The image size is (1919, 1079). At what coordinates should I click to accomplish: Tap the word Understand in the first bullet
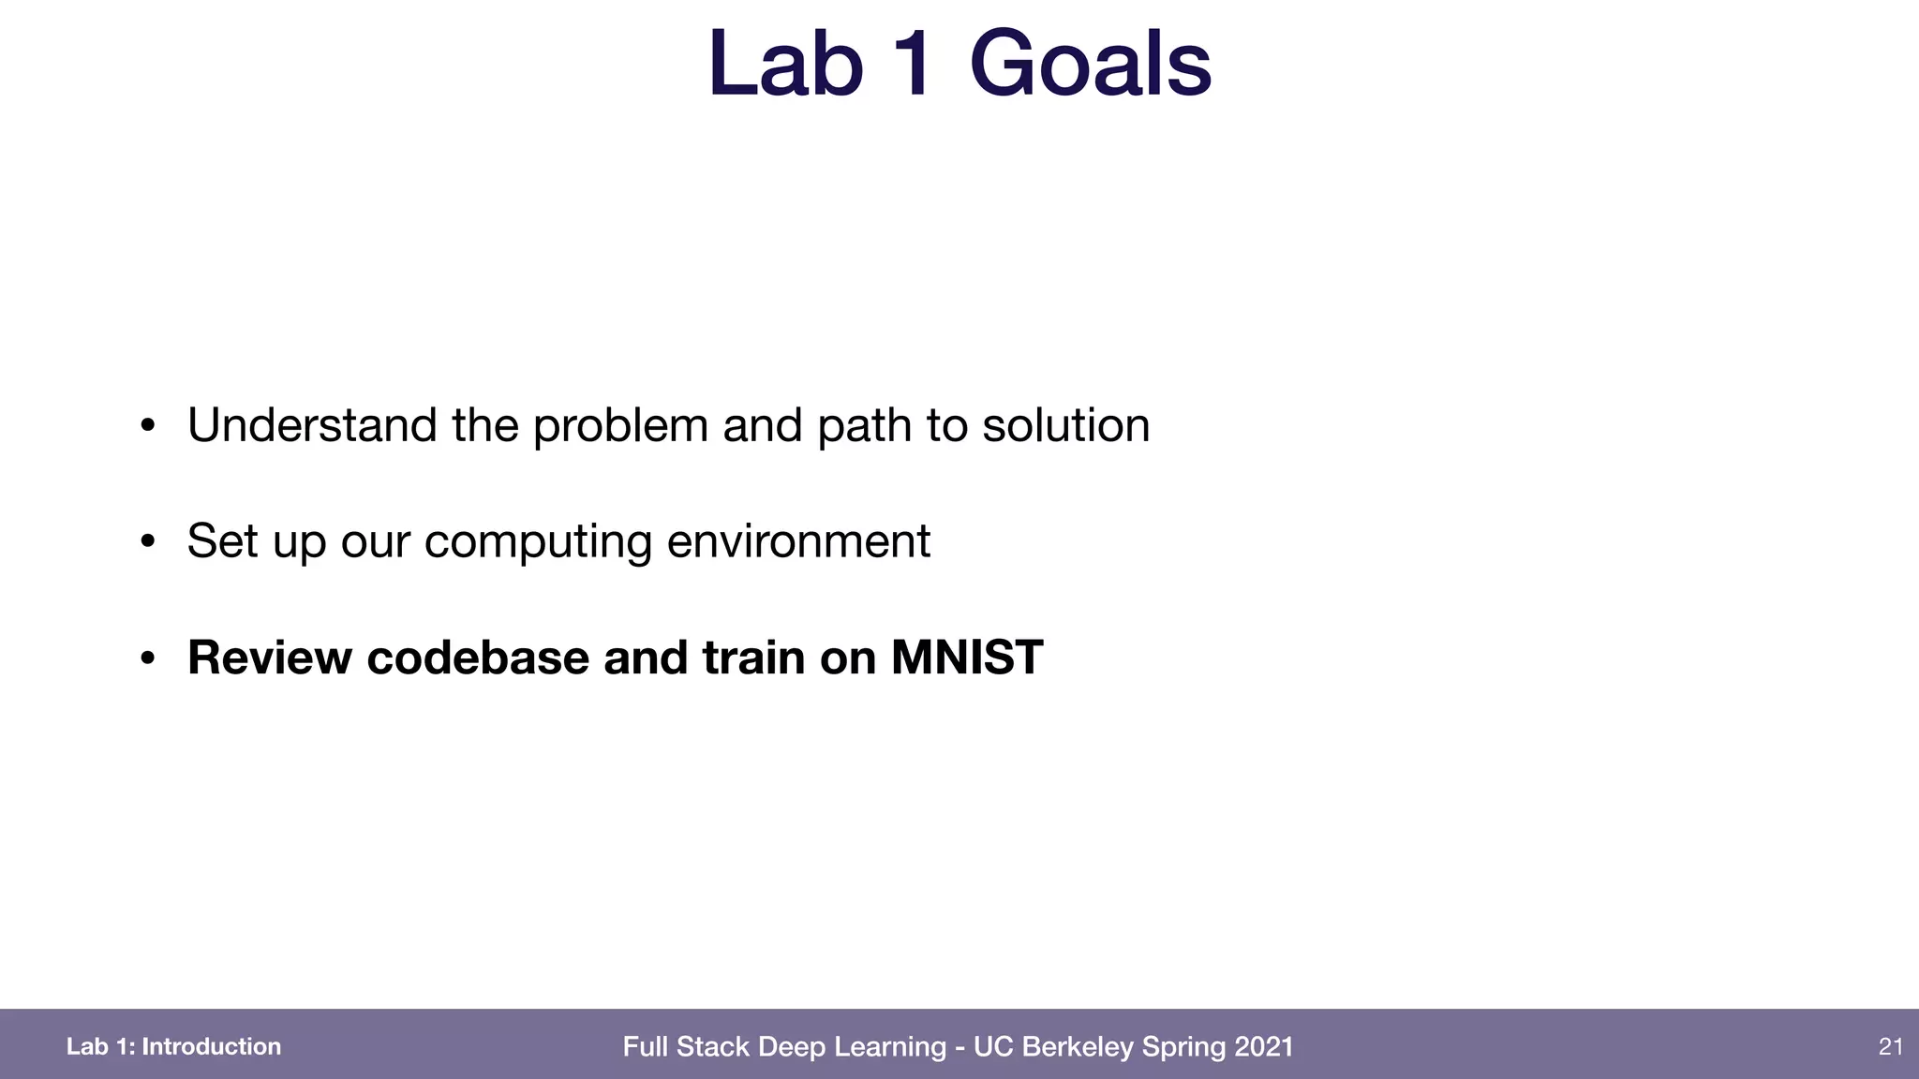312,425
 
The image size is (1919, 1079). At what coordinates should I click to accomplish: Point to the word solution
1065,425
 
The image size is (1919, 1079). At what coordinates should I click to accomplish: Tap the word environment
798,541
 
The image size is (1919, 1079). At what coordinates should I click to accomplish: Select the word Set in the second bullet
222,541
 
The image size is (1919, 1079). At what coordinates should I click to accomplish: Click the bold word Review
270,657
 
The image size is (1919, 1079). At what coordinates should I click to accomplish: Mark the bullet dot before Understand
147,426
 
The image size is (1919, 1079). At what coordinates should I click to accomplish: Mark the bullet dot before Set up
147,541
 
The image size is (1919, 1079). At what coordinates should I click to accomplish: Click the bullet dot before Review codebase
147,658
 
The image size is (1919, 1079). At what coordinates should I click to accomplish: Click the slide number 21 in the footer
1890,1046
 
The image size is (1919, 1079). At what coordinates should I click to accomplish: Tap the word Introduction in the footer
211,1046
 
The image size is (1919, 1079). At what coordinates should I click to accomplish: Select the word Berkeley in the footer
1077,1046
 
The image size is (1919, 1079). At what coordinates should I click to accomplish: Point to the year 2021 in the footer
1264,1046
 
